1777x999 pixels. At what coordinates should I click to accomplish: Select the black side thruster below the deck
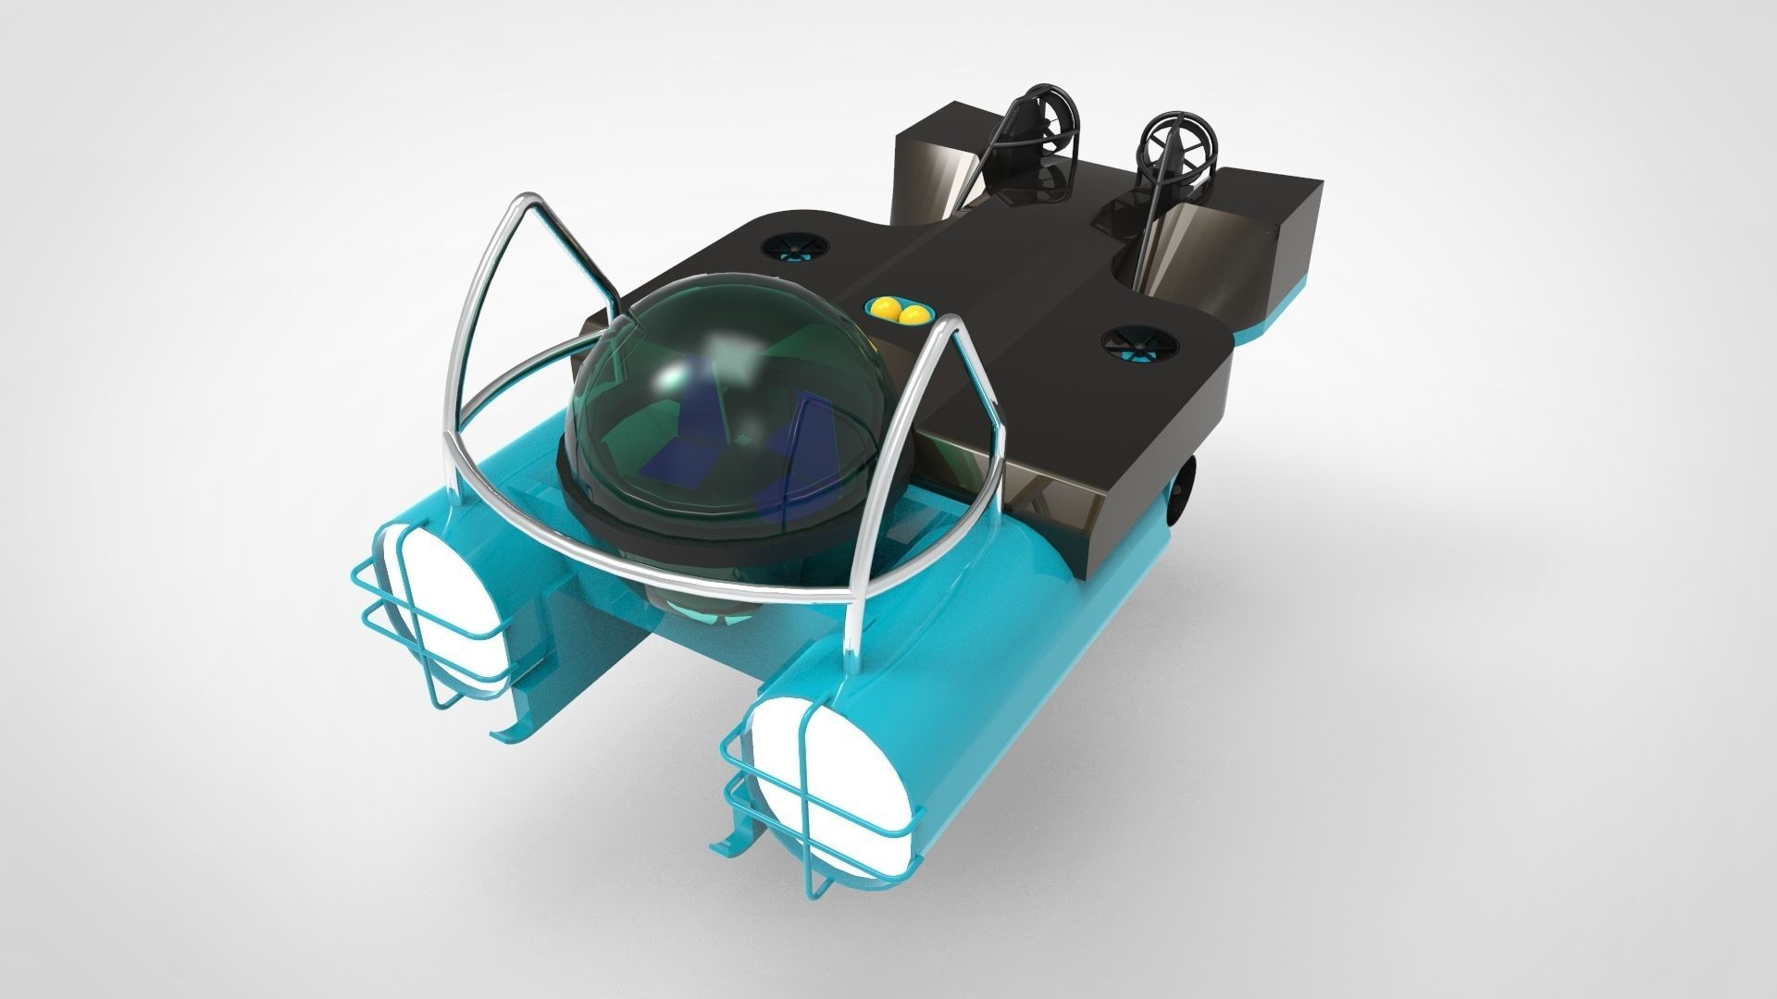[x=1185, y=481]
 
